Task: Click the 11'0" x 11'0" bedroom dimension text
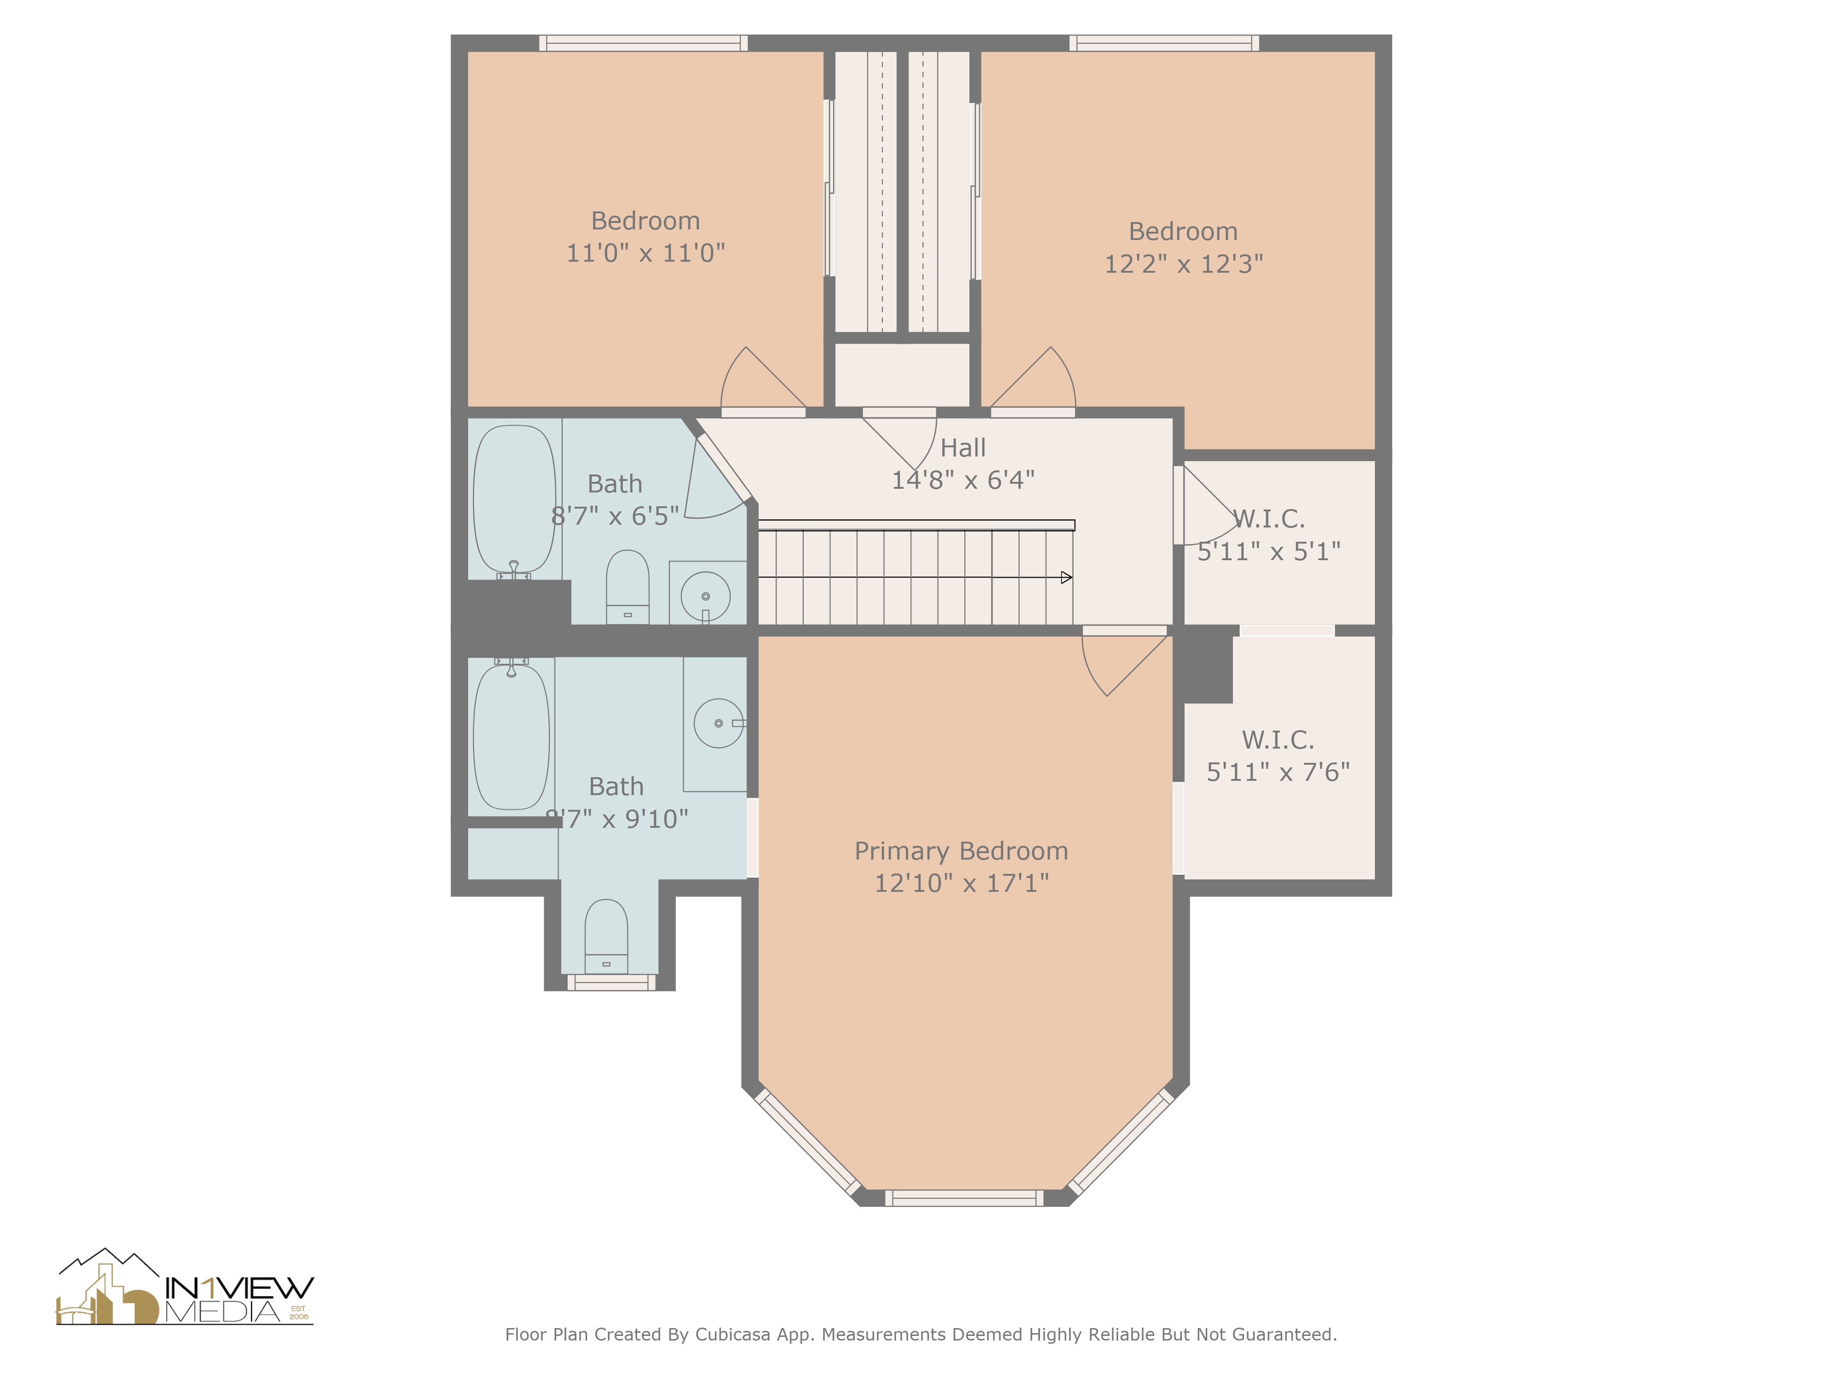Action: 646,253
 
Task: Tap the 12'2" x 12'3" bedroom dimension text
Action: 1183,264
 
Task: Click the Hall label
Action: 963,448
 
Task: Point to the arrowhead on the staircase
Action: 1066,577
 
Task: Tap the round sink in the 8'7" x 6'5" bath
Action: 706,596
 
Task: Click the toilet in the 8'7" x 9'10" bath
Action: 606,935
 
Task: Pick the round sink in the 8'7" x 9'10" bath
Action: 718,723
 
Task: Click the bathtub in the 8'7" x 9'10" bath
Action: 511,737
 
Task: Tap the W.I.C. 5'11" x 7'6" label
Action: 1278,755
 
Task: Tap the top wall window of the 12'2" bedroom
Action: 1164,43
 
